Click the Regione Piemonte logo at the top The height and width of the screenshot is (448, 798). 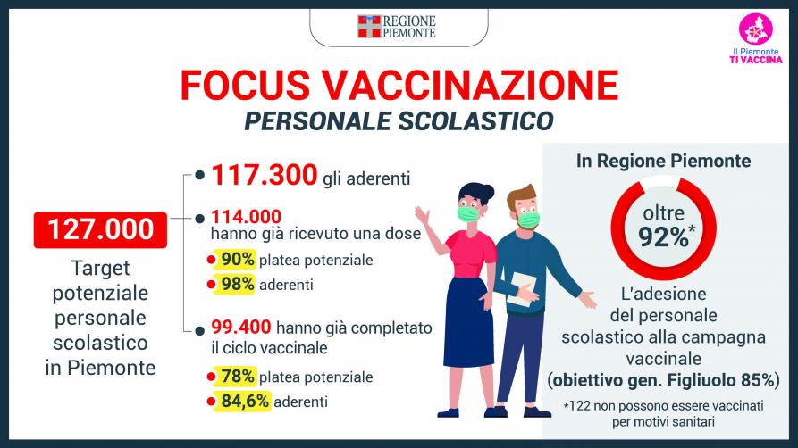(x=397, y=27)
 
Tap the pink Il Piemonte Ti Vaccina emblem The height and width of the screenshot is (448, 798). (x=756, y=29)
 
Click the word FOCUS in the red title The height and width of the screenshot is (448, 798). (x=246, y=85)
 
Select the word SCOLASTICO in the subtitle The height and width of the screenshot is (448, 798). (x=475, y=121)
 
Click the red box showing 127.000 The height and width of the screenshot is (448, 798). (x=100, y=230)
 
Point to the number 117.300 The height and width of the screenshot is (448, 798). (x=265, y=175)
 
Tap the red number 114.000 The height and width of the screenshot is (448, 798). (x=247, y=217)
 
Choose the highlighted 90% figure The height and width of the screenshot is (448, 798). (x=235, y=260)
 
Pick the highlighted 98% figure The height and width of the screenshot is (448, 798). (x=235, y=284)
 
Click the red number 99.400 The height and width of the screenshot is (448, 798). (x=241, y=327)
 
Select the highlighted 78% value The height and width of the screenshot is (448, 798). (x=235, y=377)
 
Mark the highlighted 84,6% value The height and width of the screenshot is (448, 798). (x=242, y=401)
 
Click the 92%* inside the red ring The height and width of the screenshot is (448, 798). (x=666, y=236)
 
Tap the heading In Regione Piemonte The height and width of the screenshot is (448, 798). (x=664, y=161)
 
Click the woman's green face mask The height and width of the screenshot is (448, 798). (x=467, y=214)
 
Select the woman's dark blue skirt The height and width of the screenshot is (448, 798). (x=469, y=322)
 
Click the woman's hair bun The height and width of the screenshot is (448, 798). (x=488, y=192)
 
